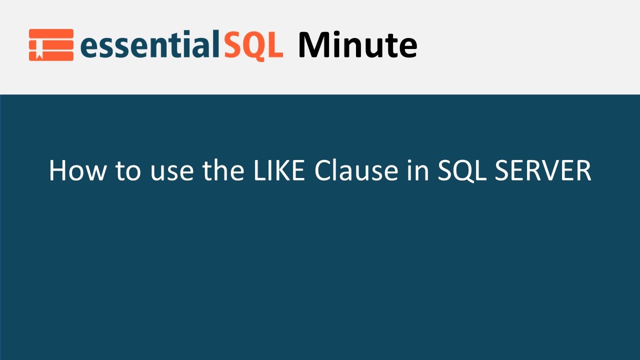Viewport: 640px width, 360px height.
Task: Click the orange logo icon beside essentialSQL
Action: [x=51, y=45]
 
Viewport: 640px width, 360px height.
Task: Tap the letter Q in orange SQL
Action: [x=253, y=46]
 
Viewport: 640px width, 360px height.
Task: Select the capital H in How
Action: [x=57, y=171]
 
